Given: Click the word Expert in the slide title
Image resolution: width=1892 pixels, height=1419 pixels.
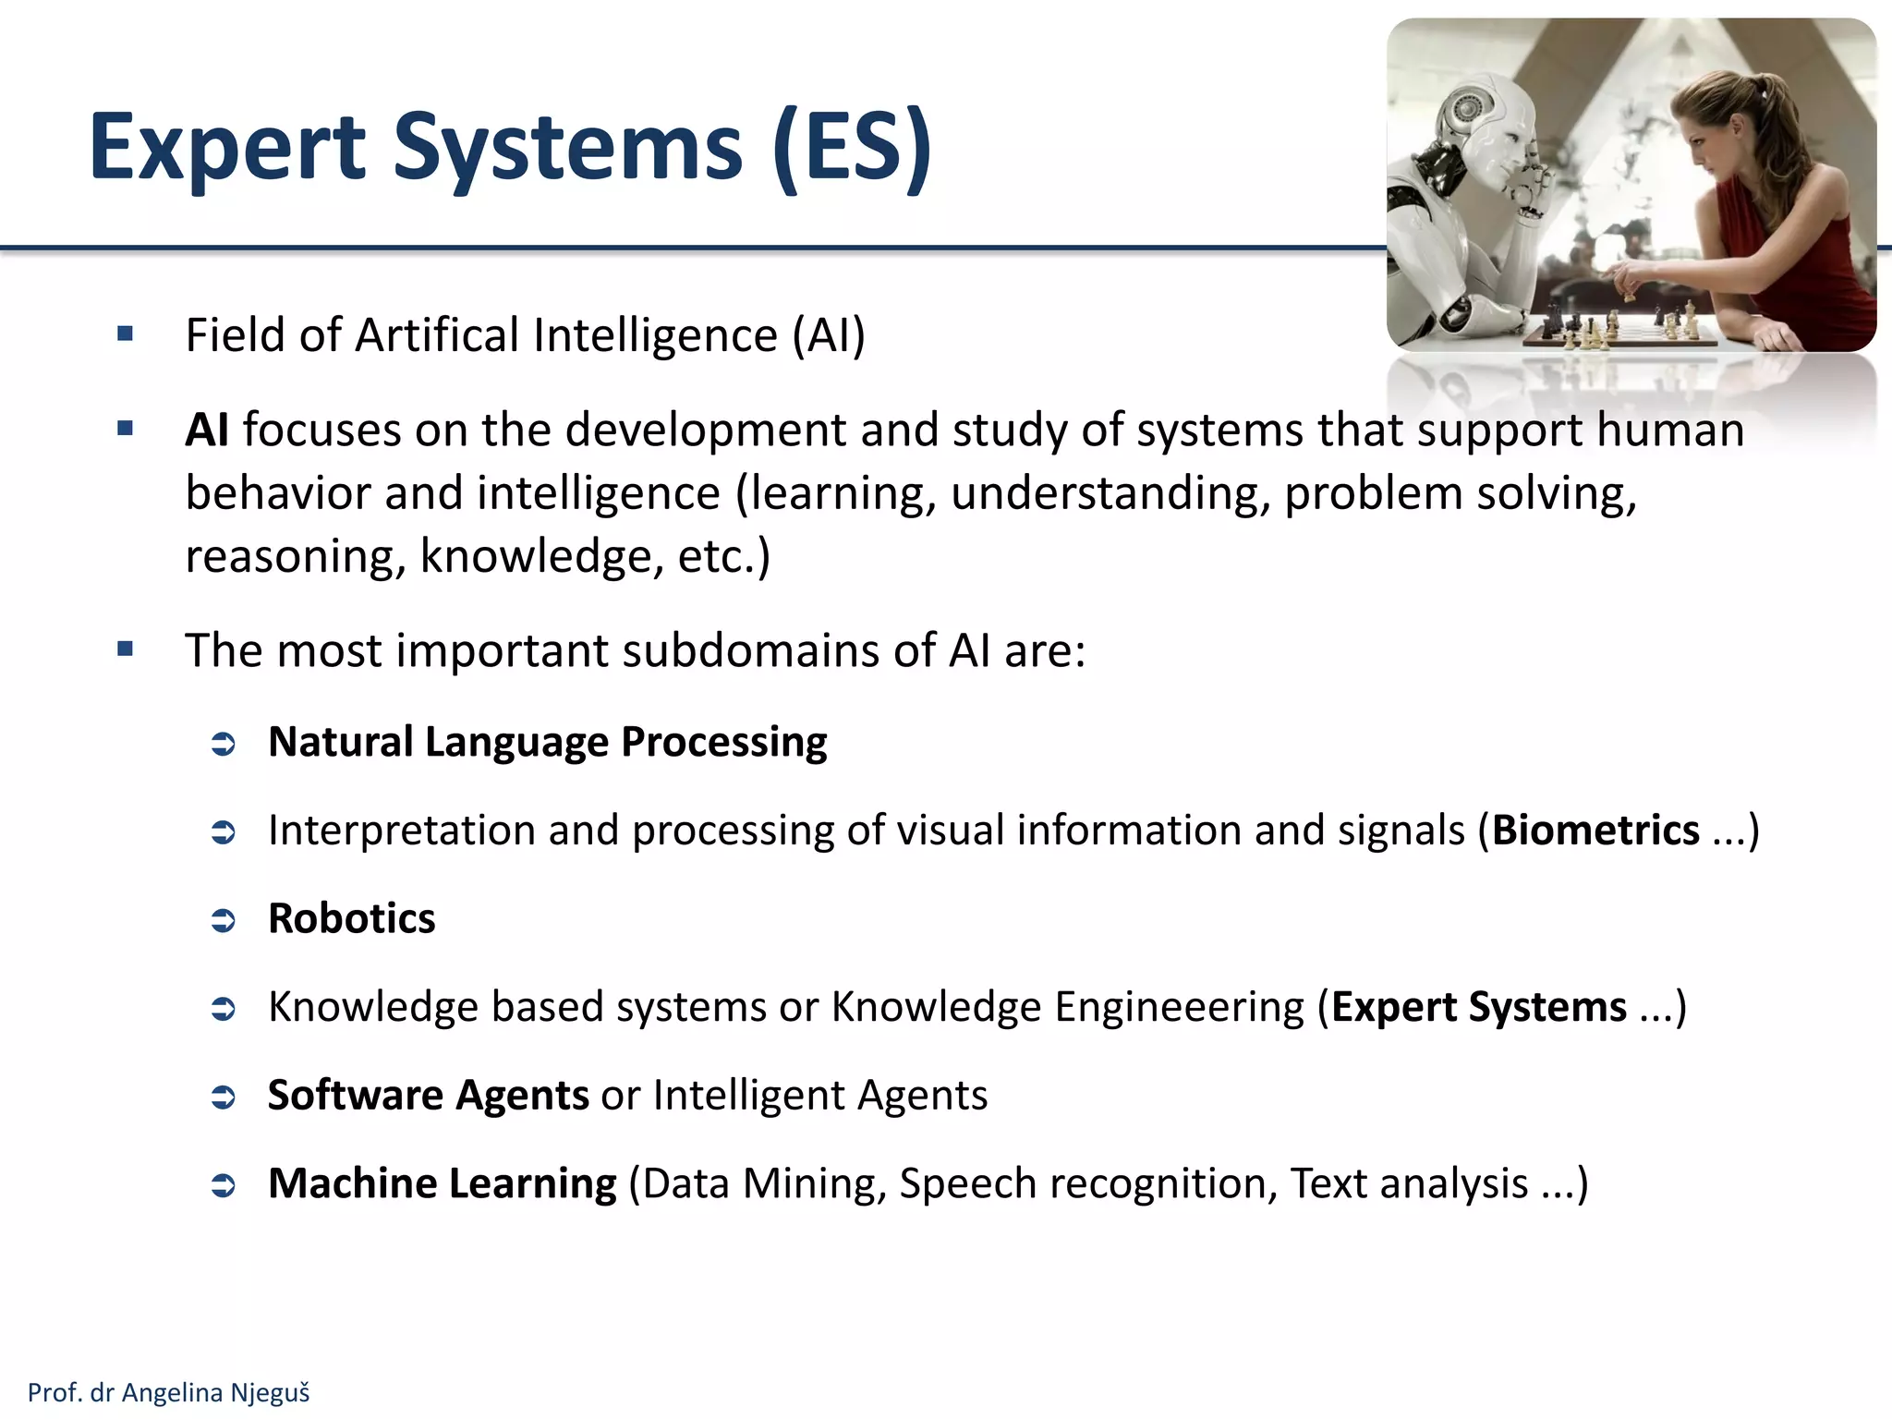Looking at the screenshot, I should pyautogui.click(x=227, y=148).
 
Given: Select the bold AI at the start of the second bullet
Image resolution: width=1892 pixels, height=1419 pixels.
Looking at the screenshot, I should pyautogui.click(x=207, y=431).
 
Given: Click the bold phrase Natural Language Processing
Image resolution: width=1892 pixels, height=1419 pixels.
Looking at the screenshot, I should pyautogui.click(x=547, y=742).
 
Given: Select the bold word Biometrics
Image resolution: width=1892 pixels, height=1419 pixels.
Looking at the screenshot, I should pyautogui.click(x=1595, y=830).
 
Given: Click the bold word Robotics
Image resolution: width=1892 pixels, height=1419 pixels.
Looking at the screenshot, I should pyautogui.click(x=351, y=918).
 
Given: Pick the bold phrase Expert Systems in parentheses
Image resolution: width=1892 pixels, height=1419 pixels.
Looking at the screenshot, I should pyautogui.click(x=1478, y=1007).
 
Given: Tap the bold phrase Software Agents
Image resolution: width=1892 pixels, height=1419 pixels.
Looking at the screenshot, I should pyautogui.click(x=428, y=1095).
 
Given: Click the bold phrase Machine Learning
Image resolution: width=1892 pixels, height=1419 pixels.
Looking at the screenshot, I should pyautogui.click(x=442, y=1183).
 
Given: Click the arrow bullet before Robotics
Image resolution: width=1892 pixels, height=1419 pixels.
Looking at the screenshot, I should pyautogui.click(x=224, y=920).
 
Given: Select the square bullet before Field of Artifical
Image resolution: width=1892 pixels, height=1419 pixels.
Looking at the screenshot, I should pyautogui.click(x=126, y=334).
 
